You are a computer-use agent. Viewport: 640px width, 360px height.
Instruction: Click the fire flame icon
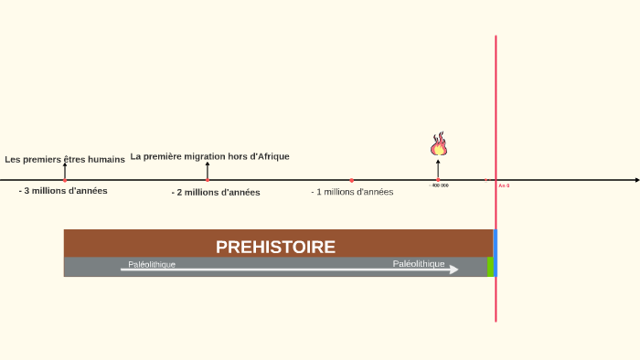(439, 144)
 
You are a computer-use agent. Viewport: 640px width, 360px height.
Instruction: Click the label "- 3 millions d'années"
(63, 191)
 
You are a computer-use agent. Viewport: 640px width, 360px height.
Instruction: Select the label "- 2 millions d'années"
(216, 193)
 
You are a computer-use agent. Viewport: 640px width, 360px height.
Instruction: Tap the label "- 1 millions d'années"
(352, 192)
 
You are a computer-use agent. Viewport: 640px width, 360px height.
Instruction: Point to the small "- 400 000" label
(439, 185)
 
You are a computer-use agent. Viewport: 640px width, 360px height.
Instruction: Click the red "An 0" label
(504, 185)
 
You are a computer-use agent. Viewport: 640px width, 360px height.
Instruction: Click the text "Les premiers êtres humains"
(65, 159)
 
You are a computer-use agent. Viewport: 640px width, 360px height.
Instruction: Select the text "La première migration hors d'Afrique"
(209, 156)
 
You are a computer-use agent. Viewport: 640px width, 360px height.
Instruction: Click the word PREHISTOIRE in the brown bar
(275, 247)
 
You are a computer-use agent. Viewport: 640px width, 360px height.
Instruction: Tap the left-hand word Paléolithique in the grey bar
(152, 264)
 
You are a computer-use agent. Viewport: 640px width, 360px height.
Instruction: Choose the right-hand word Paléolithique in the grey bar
(419, 263)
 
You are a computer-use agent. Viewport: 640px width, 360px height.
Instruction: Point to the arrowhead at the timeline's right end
(635, 181)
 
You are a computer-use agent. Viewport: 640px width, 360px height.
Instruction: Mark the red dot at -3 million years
(65, 181)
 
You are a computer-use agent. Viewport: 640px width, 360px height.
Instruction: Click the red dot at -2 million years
(208, 181)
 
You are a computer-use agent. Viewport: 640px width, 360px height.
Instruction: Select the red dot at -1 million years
(352, 181)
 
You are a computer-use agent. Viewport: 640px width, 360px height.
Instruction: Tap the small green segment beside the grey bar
(490, 266)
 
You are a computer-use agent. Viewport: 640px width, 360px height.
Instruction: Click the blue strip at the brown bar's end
(495, 243)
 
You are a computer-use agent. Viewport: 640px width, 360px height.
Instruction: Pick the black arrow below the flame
(438, 169)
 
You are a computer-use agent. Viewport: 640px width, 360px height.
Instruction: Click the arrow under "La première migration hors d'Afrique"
(208, 170)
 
